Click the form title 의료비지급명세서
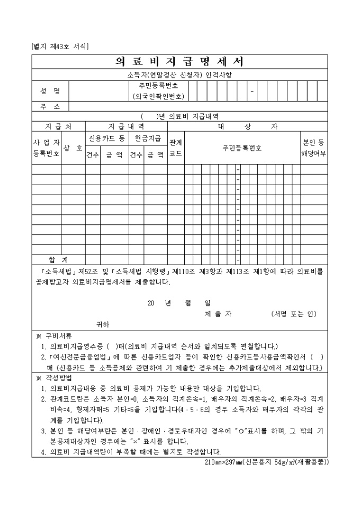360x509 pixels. click(x=179, y=62)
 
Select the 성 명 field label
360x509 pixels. click(x=50, y=91)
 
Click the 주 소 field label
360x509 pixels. click(x=50, y=106)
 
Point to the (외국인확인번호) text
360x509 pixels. click(x=158, y=96)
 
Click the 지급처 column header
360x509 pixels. click(x=58, y=126)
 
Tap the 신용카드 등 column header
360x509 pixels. click(x=107, y=138)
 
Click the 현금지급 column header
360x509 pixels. click(x=148, y=138)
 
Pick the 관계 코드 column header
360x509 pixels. click(x=176, y=148)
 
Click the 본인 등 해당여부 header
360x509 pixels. click(x=313, y=148)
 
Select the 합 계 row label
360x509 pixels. click(x=58, y=260)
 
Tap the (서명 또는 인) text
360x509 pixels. click(x=293, y=314)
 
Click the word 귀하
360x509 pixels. click(x=103, y=324)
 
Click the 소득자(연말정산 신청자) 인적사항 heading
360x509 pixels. click(x=179, y=75)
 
